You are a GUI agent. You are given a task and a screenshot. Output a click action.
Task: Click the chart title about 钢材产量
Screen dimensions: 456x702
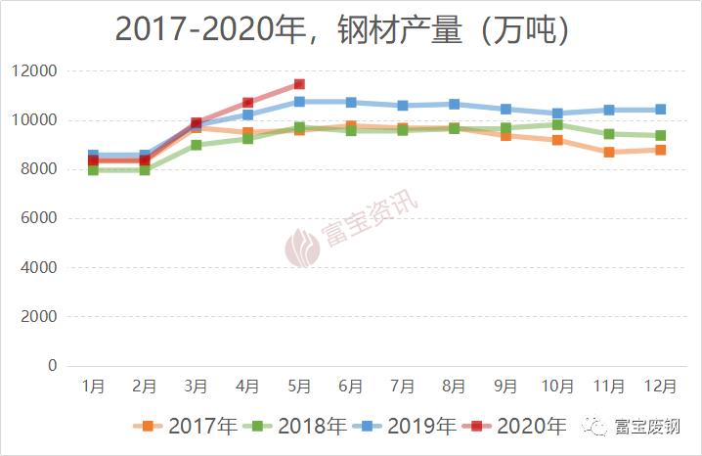(x=342, y=29)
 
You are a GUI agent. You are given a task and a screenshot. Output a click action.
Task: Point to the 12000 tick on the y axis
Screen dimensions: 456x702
(x=35, y=71)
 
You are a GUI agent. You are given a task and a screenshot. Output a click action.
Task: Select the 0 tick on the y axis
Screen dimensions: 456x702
(x=53, y=366)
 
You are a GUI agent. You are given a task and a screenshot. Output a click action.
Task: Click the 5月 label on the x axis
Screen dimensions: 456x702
(x=299, y=387)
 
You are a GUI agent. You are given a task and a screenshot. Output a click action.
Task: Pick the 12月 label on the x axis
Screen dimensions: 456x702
(x=660, y=387)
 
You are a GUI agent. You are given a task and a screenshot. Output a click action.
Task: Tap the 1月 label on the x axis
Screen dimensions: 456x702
(x=93, y=387)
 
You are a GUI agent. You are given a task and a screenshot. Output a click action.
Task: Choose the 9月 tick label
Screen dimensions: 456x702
(x=505, y=387)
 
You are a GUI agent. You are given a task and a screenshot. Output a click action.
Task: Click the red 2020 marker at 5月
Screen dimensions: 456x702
(x=299, y=84)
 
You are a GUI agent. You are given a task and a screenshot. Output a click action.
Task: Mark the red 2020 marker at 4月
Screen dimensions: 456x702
(x=248, y=103)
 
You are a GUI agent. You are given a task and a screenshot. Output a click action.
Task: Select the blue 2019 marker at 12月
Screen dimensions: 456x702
(x=660, y=110)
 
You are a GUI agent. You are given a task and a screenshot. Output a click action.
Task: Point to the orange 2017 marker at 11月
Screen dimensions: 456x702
(x=609, y=152)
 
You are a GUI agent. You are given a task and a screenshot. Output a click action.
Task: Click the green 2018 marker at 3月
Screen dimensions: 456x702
(x=197, y=145)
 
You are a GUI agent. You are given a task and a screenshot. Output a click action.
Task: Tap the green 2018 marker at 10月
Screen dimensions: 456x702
(x=557, y=124)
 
